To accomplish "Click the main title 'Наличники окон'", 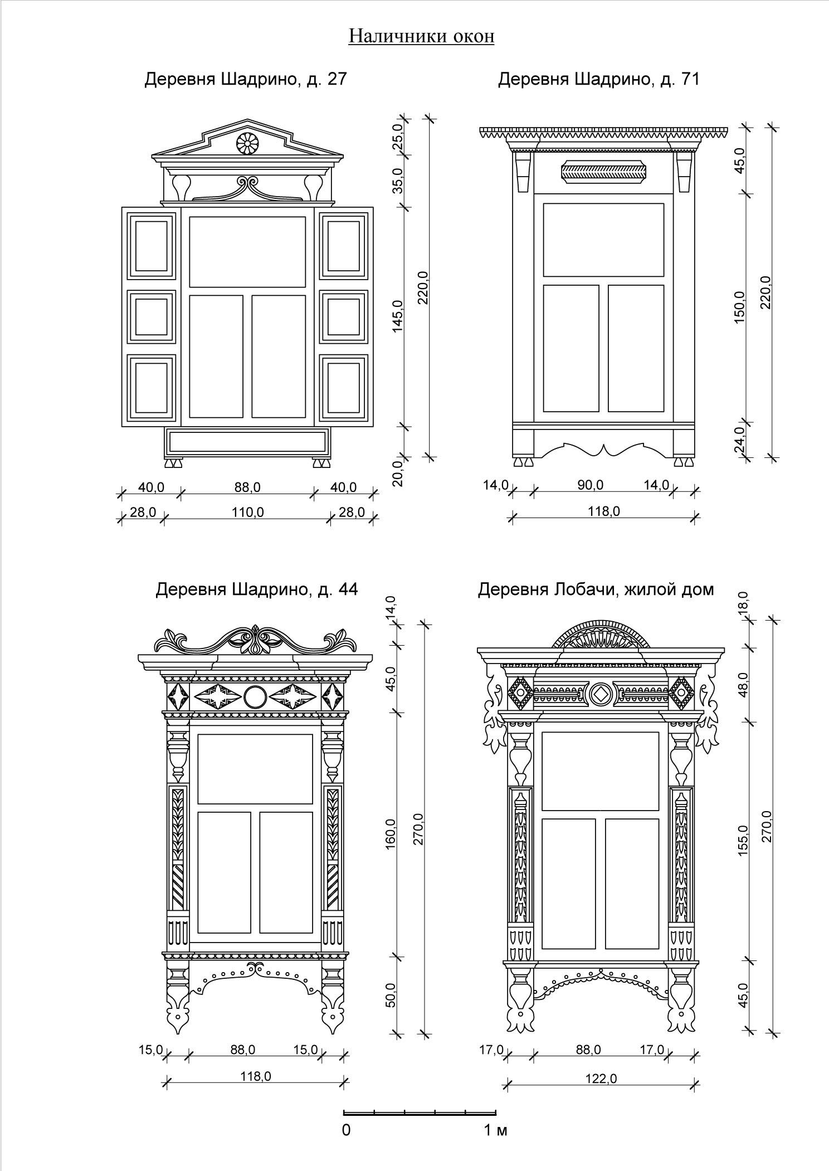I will pyautogui.click(x=421, y=36).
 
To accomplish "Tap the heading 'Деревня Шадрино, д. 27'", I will pyautogui.click(x=245, y=79).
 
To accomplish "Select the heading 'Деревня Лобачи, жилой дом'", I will pyautogui.click(x=596, y=589).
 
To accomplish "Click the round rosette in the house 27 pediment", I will pyautogui.click(x=247, y=143).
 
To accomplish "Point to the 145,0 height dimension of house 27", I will pyautogui.click(x=398, y=316).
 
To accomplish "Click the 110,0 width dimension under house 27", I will pyautogui.click(x=247, y=512).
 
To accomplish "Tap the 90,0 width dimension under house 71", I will pyautogui.click(x=591, y=485).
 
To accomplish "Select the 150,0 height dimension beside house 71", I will pyautogui.click(x=740, y=308).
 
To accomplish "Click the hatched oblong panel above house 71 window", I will pyautogui.click(x=604, y=172).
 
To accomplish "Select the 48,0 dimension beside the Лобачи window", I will pyautogui.click(x=744, y=686).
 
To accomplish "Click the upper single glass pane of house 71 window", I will pyautogui.click(x=603, y=240).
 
